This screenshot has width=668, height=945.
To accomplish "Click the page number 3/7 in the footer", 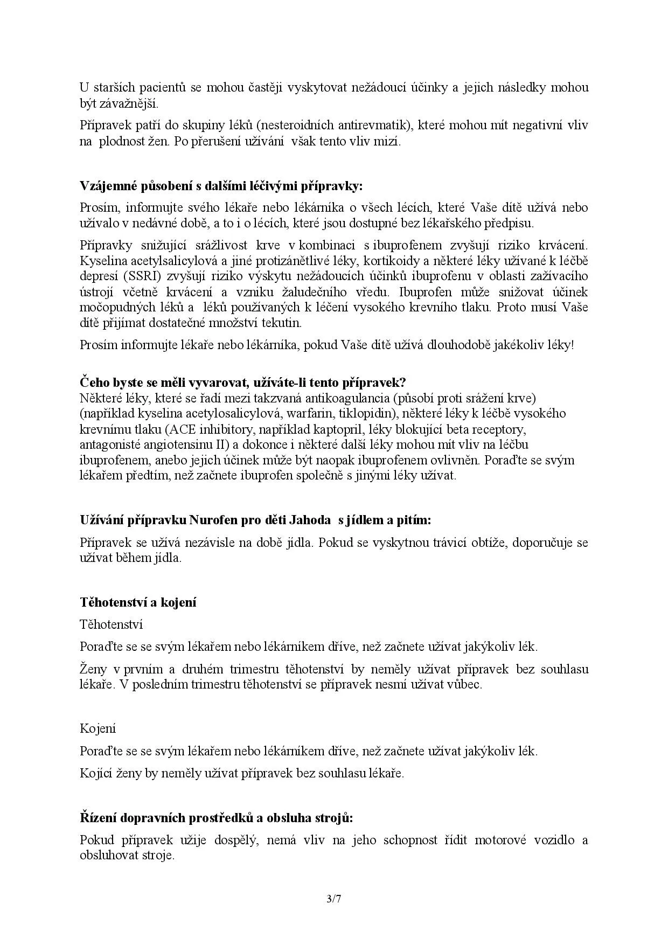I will pos(334,899).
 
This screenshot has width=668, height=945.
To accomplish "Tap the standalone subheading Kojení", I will pos(98,728).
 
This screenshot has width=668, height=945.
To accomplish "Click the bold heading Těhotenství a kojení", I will pos(138,602).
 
